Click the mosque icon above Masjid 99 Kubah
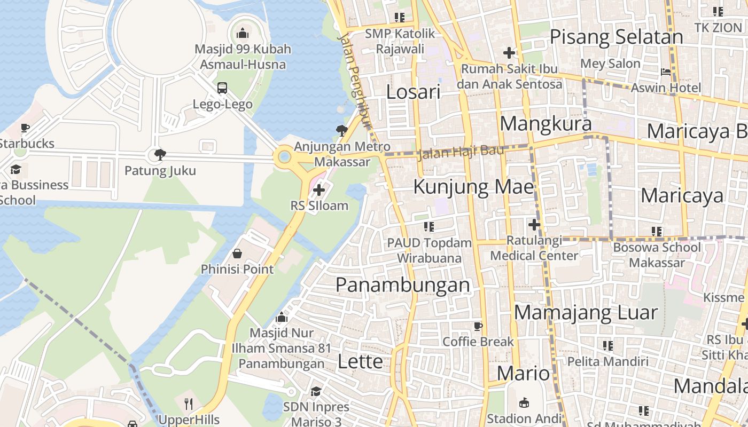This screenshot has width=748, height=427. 243,33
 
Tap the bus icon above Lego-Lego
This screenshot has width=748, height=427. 222,88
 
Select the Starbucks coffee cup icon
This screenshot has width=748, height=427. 25,128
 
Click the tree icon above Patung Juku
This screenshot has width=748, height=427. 160,155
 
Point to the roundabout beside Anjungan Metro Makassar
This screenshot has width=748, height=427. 284,156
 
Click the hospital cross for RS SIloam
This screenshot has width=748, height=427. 319,189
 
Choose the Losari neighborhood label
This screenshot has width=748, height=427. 413,92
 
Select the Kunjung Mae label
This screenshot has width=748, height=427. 473,187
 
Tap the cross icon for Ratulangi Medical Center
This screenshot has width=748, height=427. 534,225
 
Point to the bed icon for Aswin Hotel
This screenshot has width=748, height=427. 666,72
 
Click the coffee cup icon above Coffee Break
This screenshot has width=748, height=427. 478,326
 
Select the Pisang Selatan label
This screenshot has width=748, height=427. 616,37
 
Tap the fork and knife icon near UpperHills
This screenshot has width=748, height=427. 188,404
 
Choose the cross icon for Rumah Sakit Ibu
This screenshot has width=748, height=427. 509,53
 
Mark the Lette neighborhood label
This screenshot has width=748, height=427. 360,361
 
